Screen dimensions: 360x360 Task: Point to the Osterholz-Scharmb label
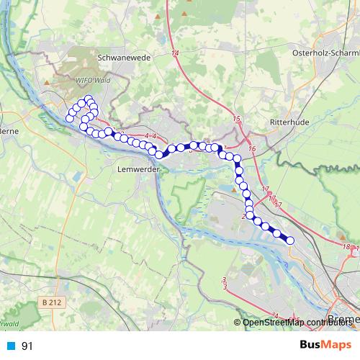point(325,54)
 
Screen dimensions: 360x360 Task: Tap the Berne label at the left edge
point(8,131)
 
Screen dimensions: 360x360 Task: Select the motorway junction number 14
point(175,53)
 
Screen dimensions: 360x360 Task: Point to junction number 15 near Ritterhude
point(238,118)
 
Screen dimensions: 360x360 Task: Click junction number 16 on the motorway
point(251,148)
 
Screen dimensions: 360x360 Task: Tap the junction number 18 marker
point(347,247)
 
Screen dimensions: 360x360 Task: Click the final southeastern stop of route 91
point(290,240)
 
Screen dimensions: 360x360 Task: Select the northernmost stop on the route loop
point(89,99)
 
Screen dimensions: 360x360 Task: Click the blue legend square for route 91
point(9,346)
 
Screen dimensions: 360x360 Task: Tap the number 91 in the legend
point(27,346)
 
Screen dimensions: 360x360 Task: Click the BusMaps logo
point(325,346)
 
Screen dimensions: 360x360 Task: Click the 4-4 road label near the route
point(150,135)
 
